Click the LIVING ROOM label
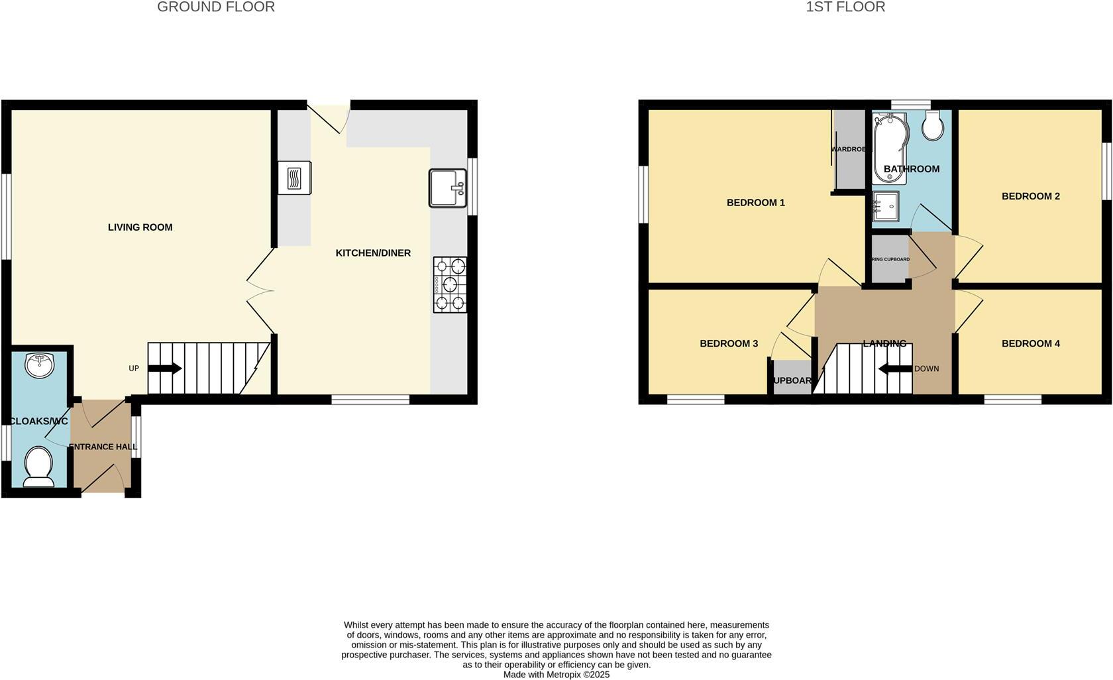(140, 227)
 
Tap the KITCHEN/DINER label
(373, 253)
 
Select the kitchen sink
(449, 188)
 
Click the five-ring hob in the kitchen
(450, 284)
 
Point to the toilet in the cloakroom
(38, 466)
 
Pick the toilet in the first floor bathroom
(933, 125)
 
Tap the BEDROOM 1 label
(755, 203)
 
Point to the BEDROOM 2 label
(1030, 196)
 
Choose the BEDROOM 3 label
(729, 343)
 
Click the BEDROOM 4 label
(1030, 343)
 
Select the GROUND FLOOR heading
(216, 7)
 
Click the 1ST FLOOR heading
(845, 7)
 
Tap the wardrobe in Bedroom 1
(849, 150)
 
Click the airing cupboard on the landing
(890, 259)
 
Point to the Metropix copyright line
(556, 675)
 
